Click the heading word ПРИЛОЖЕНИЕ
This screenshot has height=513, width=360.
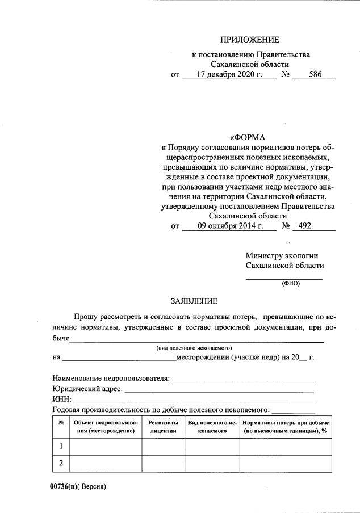point(250,40)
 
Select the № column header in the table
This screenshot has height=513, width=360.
point(61,423)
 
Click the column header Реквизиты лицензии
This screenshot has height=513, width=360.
point(163,427)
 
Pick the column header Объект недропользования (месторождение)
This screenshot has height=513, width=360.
point(105,427)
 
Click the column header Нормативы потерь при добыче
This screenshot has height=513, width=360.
point(286,423)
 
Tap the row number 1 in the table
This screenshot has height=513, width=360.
point(61,446)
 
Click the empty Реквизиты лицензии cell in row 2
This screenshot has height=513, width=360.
point(163,464)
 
